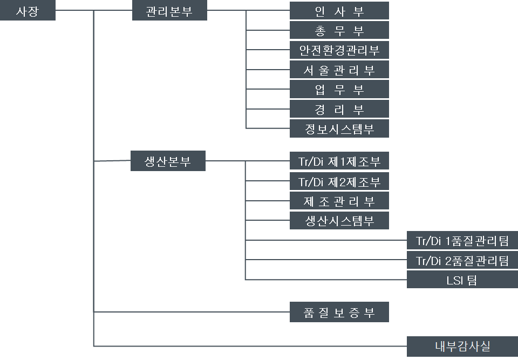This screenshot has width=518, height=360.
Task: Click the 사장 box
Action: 28,11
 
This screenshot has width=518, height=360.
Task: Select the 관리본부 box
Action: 169,11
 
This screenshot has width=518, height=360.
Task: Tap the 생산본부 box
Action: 168,161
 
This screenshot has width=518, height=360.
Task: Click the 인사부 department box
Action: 339,11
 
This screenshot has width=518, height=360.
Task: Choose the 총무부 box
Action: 339,30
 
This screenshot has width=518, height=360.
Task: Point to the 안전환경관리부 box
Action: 339,50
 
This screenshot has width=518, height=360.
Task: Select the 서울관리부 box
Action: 339,70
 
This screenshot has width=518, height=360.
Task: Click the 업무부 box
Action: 339,89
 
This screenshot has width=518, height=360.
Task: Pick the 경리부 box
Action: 339,109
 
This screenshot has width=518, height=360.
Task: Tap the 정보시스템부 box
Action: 339,128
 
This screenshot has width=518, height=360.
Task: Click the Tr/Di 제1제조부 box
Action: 339,161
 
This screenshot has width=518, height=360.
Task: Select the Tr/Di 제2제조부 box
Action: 339,181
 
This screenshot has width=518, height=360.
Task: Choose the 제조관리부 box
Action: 339,201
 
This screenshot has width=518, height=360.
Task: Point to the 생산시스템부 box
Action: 339,220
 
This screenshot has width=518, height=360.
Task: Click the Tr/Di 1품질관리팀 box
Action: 462,240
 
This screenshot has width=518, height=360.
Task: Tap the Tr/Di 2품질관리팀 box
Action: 462,260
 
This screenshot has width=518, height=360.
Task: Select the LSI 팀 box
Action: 462,280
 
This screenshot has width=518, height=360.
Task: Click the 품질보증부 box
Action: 339,312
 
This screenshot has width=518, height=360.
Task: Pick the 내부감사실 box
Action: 462,346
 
